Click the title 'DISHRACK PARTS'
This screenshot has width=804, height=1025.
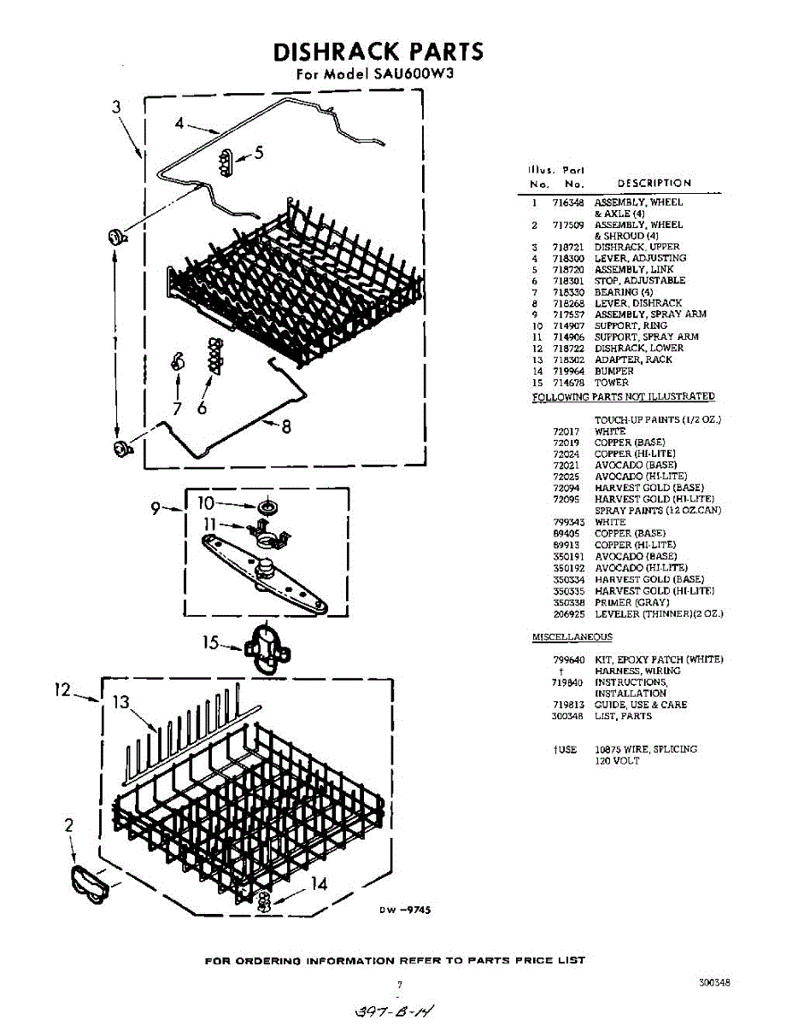(x=378, y=52)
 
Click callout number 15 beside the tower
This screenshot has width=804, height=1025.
(x=211, y=642)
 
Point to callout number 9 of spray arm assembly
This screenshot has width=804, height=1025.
(x=156, y=509)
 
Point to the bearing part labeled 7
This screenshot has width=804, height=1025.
(x=178, y=361)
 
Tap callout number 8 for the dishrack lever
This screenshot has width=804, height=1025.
(x=286, y=427)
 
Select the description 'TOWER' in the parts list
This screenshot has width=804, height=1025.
(x=611, y=383)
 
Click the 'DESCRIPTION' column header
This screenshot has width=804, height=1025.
(x=654, y=183)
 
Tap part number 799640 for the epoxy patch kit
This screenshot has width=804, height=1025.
(x=568, y=659)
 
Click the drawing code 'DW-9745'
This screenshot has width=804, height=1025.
(x=405, y=911)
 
